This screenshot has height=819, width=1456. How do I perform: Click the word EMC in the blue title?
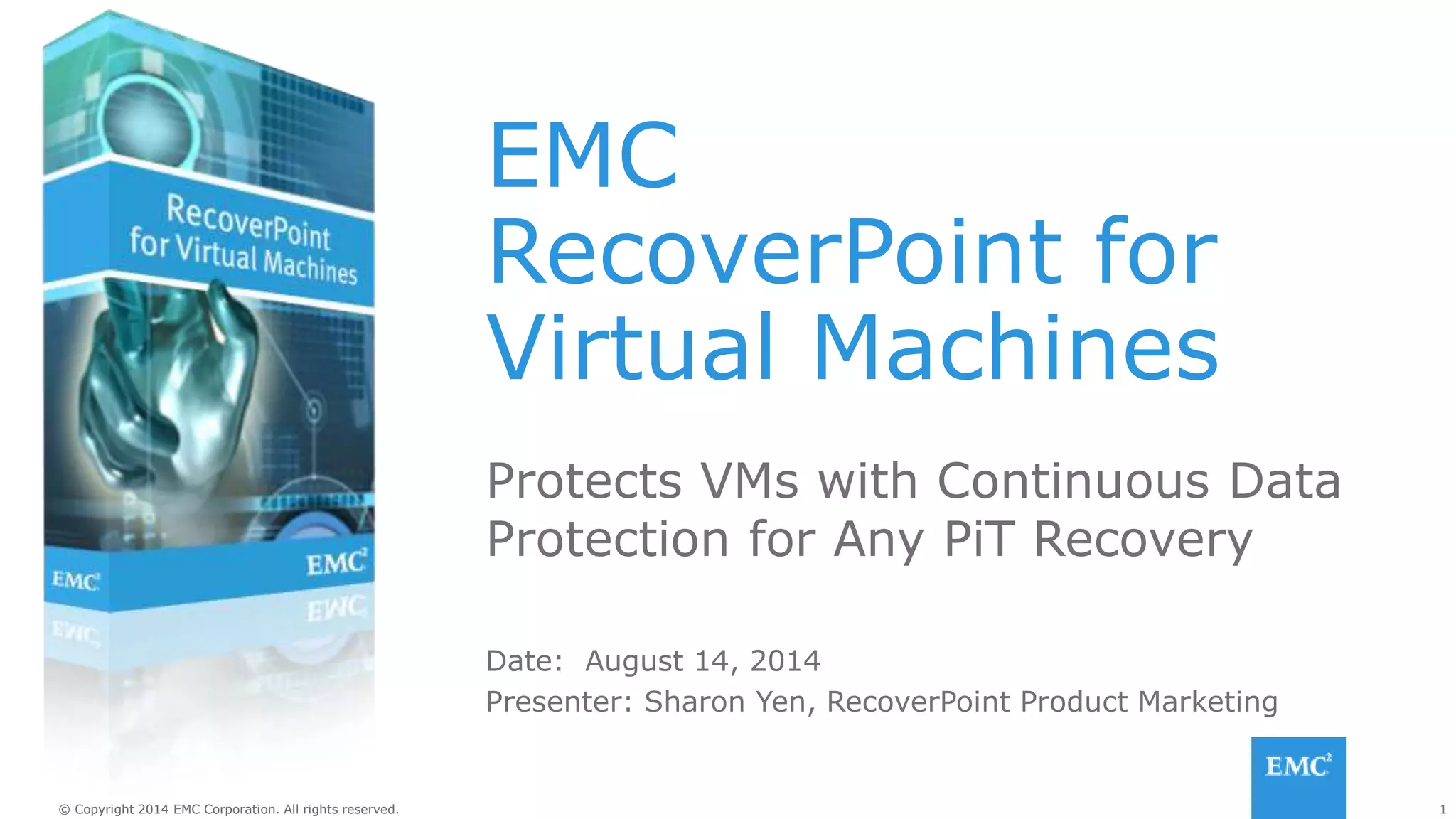583,156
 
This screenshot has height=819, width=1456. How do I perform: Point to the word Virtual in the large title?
630,348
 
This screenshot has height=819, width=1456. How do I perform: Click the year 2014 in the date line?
785,661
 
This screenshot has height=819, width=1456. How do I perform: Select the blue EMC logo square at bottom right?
1298,777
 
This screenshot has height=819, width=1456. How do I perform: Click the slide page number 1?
1442,810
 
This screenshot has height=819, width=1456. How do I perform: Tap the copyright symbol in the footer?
65,810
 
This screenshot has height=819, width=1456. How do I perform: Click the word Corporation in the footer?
240,810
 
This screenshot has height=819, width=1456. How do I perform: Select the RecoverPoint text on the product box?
248,223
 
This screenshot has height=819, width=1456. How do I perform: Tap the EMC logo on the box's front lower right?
336,564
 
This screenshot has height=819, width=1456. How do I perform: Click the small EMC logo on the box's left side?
75,581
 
